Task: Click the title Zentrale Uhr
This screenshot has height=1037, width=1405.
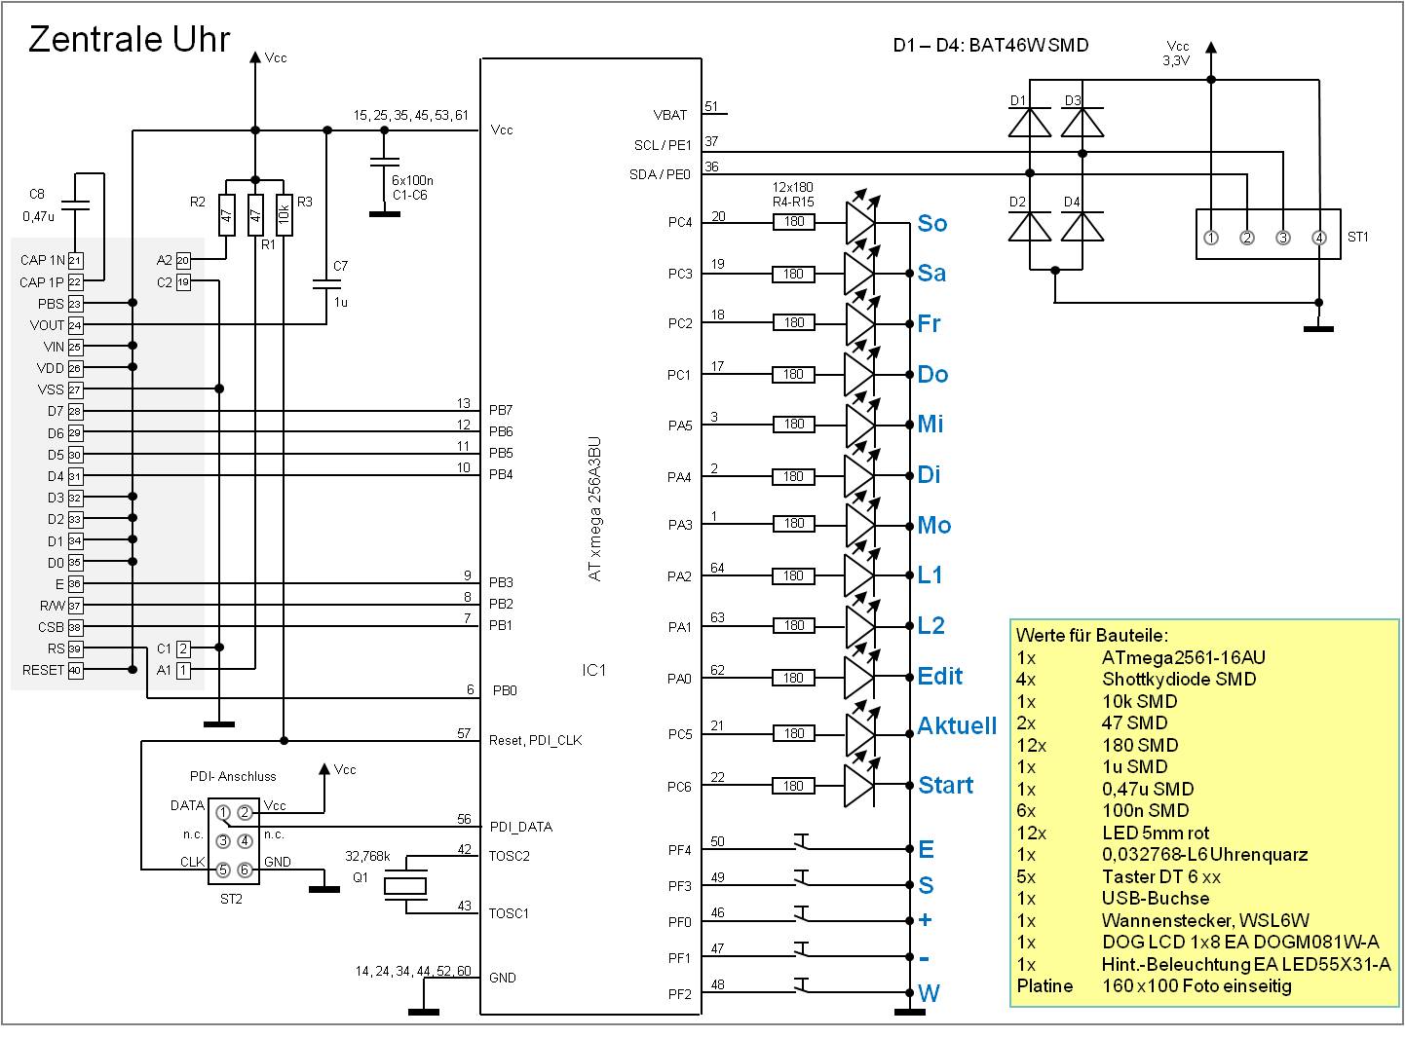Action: point(129,39)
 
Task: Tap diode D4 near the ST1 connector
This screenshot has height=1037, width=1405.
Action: point(1082,227)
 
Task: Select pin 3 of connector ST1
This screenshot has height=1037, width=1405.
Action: point(1283,238)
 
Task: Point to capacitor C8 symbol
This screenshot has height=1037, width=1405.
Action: point(75,206)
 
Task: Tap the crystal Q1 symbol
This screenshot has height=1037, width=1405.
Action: point(404,885)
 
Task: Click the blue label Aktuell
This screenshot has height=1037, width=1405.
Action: point(957,725)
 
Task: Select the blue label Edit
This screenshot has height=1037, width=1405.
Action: point(939,676)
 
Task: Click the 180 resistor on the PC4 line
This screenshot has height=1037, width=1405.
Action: point(794,222)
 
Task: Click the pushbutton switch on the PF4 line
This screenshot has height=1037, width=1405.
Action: point(802,844)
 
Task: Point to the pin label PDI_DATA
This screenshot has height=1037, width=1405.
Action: point(520,827)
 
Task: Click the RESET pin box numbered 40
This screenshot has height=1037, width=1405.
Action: point(75,670)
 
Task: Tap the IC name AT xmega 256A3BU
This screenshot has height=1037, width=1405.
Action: point(595,508)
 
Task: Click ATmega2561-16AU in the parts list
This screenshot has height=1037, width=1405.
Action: point(1183,657)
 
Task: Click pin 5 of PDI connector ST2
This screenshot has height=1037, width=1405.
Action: point(223,870)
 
